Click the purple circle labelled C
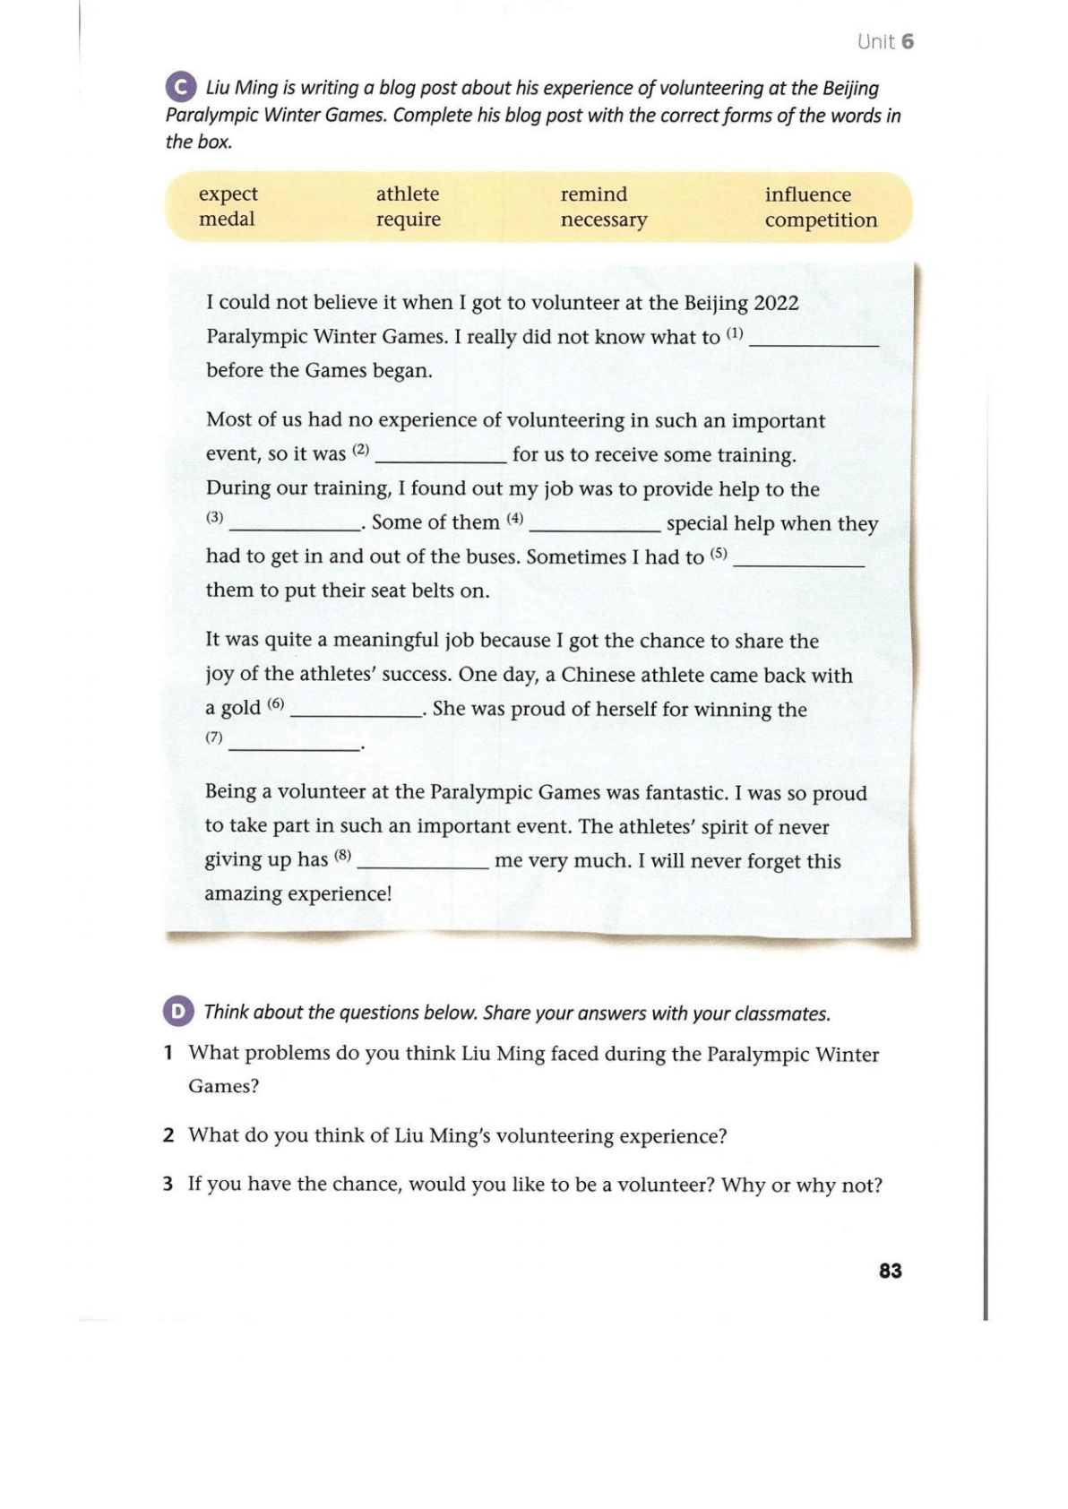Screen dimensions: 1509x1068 (x=180, y=88)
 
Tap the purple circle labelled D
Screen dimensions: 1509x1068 (x=178, y=1012)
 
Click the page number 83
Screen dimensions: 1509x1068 (x=890, y=1271)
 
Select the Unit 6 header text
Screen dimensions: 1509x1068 (x=884, y=41)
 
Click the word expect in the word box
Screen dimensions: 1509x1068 (x=228, y=194)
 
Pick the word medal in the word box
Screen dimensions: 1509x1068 (x=227, y=220)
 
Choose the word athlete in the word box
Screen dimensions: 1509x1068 (x=408, y=194)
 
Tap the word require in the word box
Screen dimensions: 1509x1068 (x=409, y=220)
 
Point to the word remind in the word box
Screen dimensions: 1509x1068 (x=594, y=194)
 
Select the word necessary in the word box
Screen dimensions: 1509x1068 (x=604, y=220)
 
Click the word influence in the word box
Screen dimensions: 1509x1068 (x=807, y=194)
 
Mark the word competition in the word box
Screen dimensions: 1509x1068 (x=821, y=220)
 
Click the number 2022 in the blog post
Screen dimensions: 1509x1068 (x=776, y=303)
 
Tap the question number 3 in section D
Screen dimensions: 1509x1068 (x=168, y=1185)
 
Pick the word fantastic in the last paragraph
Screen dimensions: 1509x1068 (x=685, y=792)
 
